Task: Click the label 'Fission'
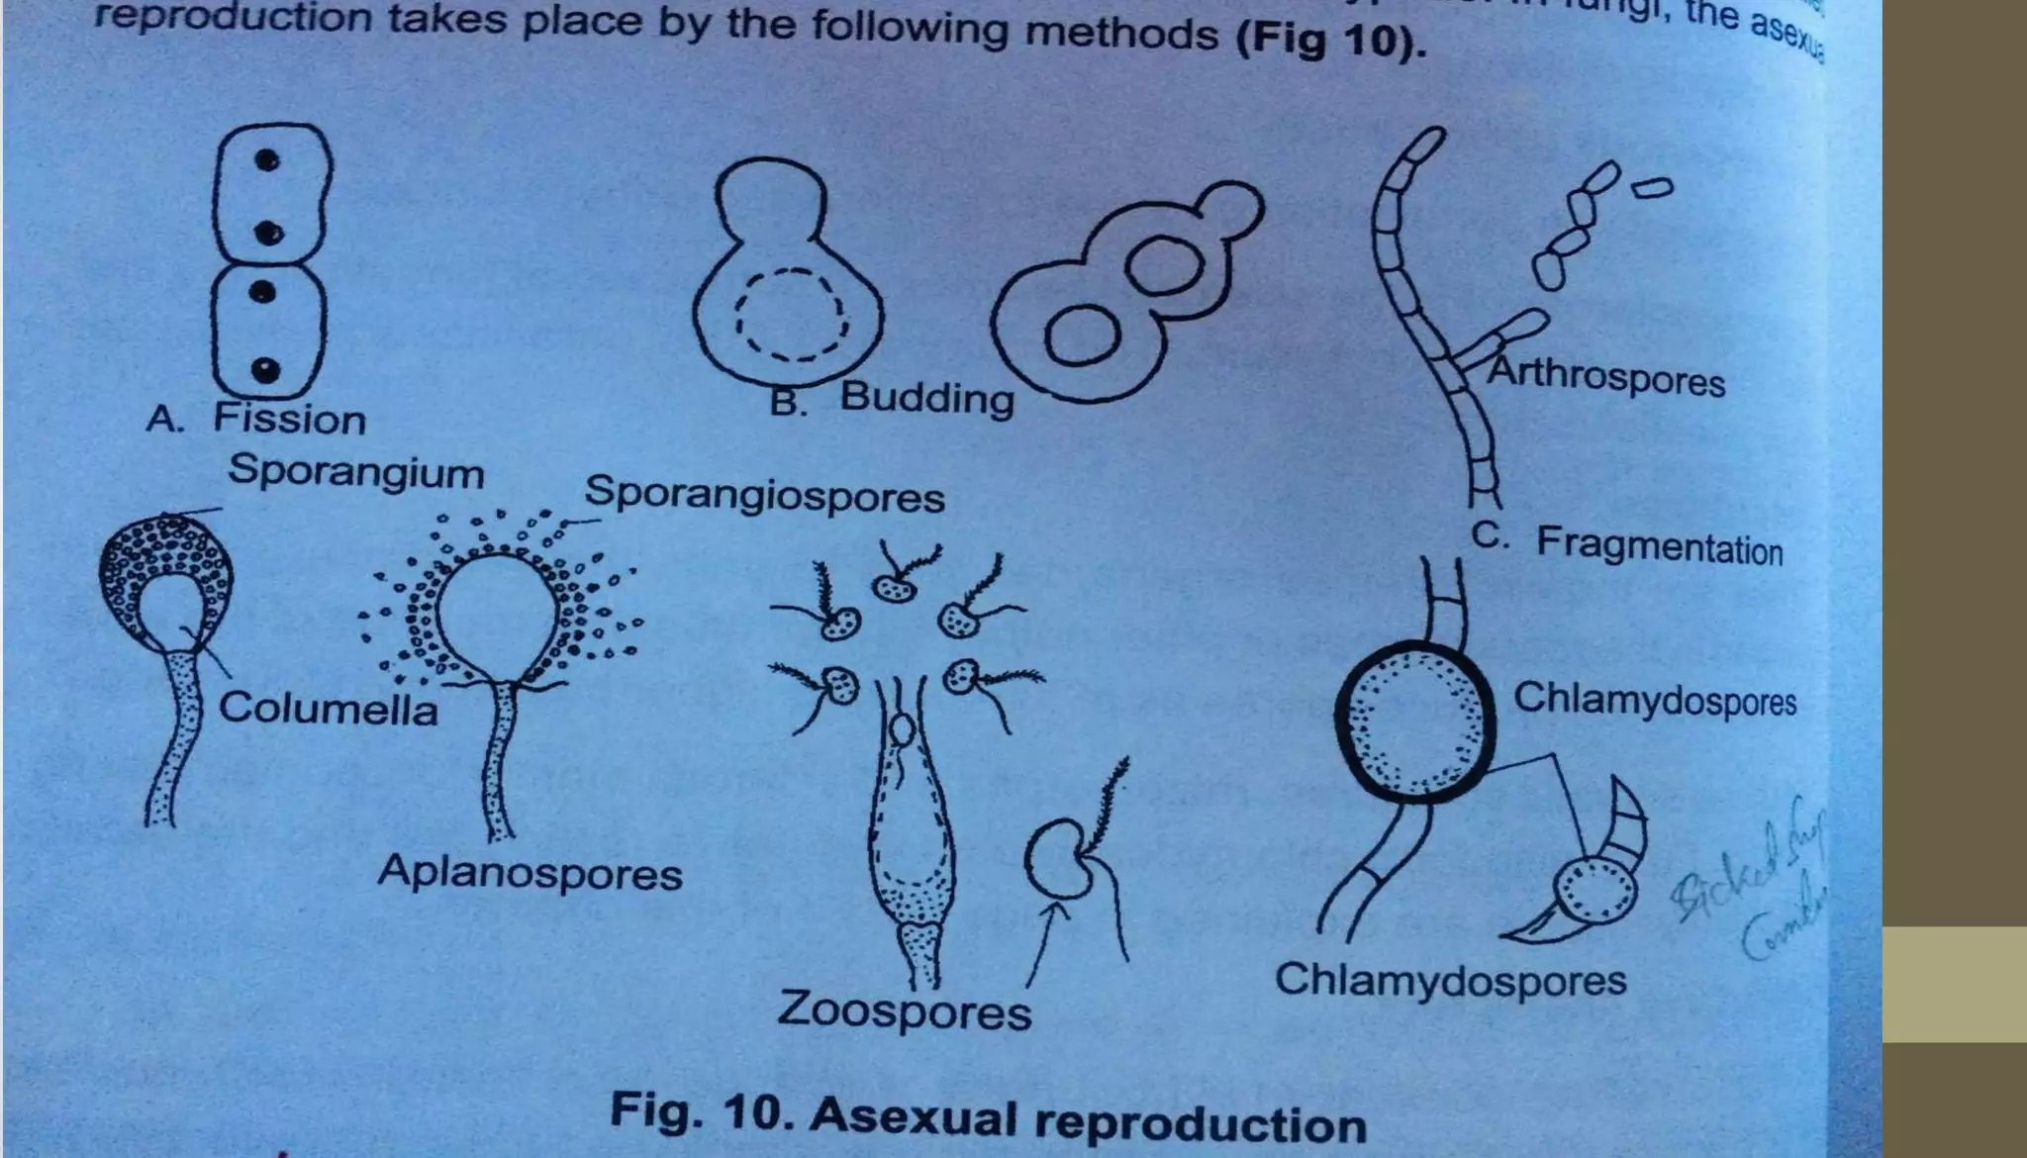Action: pyautogui.click(x=289, y=420)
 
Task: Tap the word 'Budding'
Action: pyautogui.click(x=927, y=398)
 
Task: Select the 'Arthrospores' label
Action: pyautogui.click(x=1607, y=377)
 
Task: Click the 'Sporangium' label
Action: pyautogui.click(x=356, y=472)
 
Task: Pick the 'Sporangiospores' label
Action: pyautogui.click(x=764, y=494)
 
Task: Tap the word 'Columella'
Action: pyautogui.click(x=328, y=709)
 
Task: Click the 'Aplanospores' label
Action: pyautogui.click(x=530, y=873)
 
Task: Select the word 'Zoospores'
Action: pyautogui.click(x=904, y=1012)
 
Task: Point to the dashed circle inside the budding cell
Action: pyautogui.click(x=791, y=315)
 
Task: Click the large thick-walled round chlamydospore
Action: pyautogui.click(x=1414, y=719)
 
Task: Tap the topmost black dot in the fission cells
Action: pyautogui.click(x=266, y=160)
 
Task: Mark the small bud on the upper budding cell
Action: pyautogui.click(x=1231, y=210)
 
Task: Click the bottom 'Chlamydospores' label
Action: pyautogui.click(x=1450, y=980)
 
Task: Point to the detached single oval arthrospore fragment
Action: pyautogui.click(x=1652, y=187)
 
